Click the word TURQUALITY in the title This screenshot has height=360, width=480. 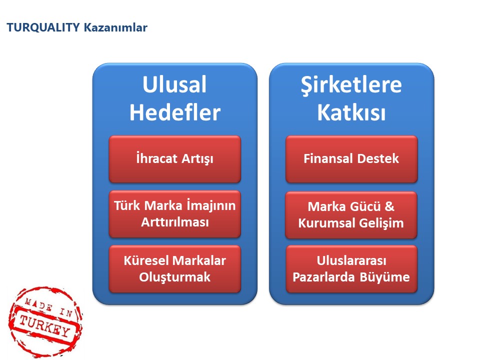click(43, 27)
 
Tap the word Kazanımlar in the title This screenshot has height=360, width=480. click(115, 27)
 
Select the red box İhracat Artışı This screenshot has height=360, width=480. click(175, 159)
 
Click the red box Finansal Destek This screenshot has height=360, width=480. click(351, 159)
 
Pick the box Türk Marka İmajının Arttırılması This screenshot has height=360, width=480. click(175, 214)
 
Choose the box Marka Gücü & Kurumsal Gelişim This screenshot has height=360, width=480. click(351, 215)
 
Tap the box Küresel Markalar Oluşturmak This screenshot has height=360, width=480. click(175, 269)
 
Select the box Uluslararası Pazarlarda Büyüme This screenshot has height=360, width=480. click(351, 269)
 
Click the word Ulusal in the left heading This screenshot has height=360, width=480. click(174, 84)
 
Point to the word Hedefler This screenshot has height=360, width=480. click(175, 112)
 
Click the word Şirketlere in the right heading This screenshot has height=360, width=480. click(351, 85)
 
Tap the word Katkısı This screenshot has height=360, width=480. click(351, 112)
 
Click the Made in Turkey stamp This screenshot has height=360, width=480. click(45, 321)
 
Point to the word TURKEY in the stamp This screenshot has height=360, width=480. click(45, 325)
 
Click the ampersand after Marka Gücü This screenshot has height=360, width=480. click(389, 206)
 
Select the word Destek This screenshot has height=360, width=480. click(378, 158)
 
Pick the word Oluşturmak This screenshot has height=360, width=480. click(175, 277)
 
